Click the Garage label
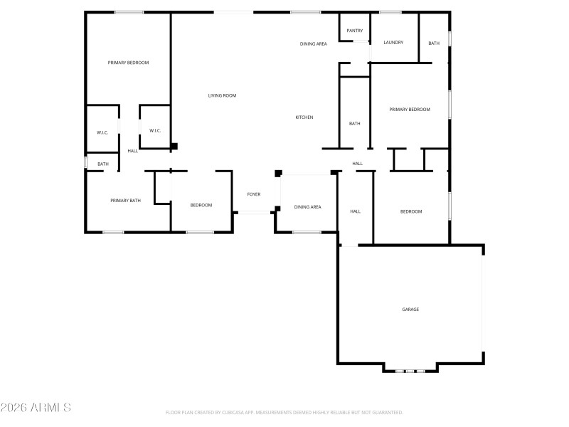click(410, 310)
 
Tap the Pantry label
click(355, 31)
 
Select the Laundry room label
click(393, 43)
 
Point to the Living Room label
click(222, 95)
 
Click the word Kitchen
click(304, 117)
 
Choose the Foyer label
click(254, 194)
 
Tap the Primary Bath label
click(126, 201)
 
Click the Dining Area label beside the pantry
click(313, 44)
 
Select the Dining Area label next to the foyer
click(307, 207)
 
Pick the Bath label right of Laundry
click(434, 43)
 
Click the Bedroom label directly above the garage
click(411, 211)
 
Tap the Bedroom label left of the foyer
click(201, 206)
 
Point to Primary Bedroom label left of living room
click(128, 63)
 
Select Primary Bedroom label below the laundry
click(410, 110)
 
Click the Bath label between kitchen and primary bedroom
click(354, 124)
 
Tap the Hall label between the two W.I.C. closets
click(133, 151)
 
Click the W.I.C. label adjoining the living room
click(155, 130)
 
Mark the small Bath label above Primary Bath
click(103, 164)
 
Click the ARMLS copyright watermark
click(36, 408)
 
